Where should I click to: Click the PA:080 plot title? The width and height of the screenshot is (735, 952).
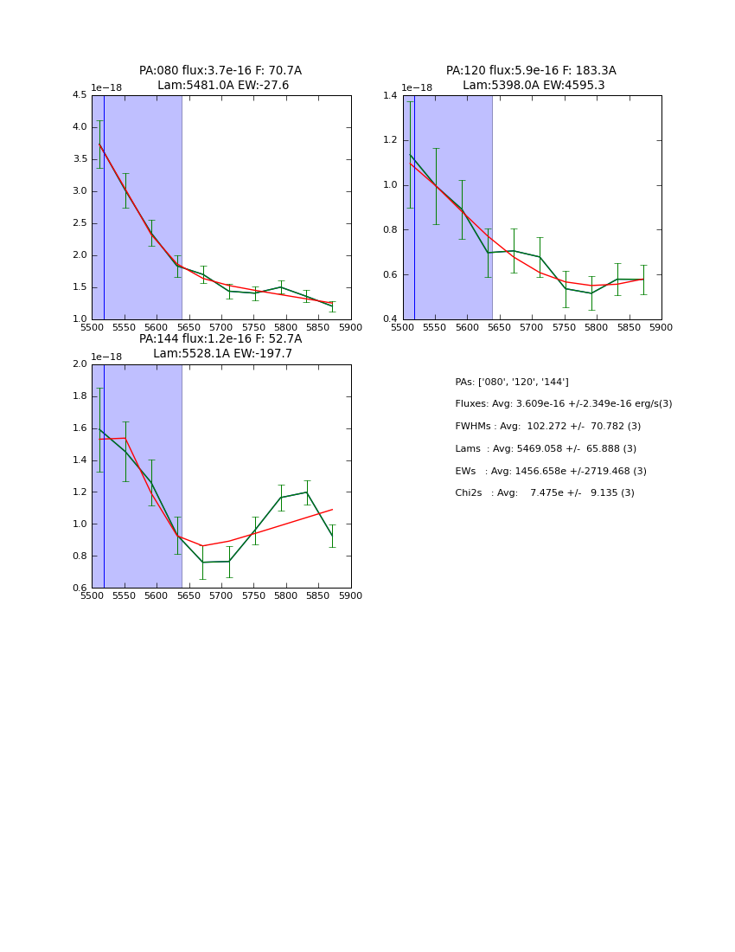220,71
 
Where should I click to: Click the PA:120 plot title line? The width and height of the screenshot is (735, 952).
531,71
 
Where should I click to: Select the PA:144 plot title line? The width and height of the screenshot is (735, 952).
220,339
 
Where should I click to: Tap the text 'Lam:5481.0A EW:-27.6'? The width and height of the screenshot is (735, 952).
223,86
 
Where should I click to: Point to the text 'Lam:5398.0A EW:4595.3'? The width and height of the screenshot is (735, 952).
534,86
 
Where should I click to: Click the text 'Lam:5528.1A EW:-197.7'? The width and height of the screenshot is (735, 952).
222,354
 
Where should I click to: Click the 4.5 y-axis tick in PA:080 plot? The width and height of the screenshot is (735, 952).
80,96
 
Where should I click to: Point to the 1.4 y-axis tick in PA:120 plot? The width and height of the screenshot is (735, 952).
390,96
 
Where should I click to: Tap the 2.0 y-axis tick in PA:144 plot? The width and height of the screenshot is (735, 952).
80,364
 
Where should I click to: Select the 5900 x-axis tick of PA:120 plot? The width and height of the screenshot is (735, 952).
661,327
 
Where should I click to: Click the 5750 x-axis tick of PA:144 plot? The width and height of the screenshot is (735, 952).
253,595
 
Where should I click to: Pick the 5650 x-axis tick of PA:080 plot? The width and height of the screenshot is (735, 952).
189,327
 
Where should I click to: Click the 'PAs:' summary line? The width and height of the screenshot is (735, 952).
512,383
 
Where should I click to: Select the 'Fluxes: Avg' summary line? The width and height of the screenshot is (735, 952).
563,404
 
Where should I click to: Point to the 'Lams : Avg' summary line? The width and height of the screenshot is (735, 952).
546,449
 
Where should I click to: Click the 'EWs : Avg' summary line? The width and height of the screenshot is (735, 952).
551,472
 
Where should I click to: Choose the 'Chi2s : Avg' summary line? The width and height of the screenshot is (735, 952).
545,493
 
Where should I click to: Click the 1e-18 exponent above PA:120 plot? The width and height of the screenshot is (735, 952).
417,88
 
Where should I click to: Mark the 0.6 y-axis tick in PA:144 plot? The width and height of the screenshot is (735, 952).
80,588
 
